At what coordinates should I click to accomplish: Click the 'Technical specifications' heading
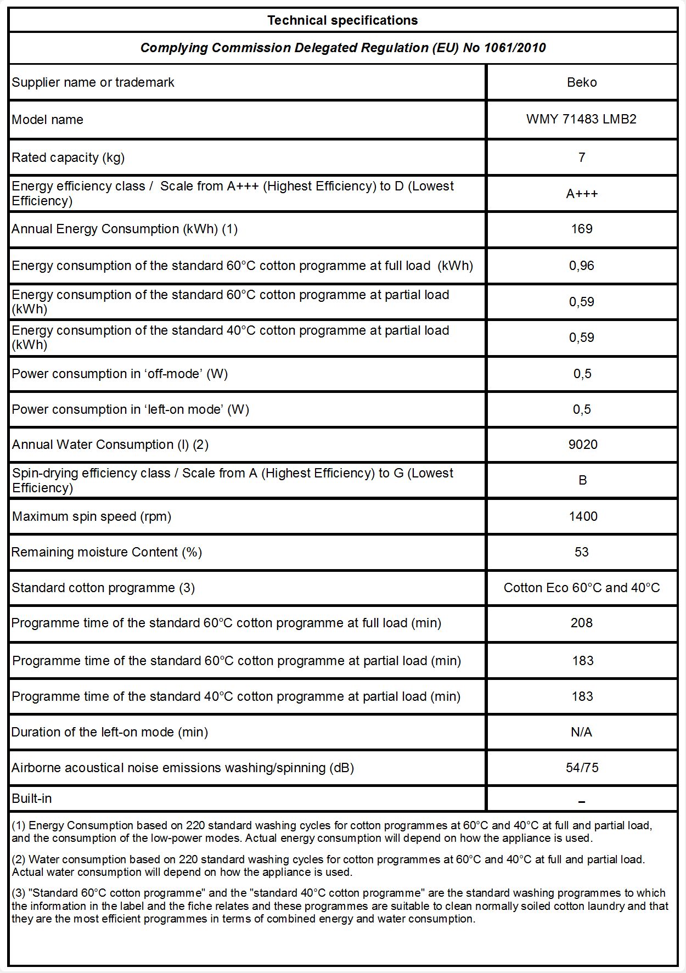[x=342, y=20]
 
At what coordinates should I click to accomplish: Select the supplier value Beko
[x=582, y=82]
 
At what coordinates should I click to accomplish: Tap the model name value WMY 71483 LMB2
[x=581, y=120]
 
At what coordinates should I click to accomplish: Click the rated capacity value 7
[x=582, y=158]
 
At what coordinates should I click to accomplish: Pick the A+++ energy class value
[x=582, y=194]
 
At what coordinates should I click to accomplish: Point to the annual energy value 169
[x=582, y=229]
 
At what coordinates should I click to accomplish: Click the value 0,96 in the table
[x=582, y=266]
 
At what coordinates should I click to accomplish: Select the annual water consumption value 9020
[x=583, y=445]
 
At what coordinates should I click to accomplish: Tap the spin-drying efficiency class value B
[x=583, y=480]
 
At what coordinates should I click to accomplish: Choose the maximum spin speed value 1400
[x=583, y=516]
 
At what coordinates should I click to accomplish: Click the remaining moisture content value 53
[x=582, y=552]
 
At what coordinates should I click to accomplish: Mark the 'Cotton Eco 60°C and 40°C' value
[x=582, y=588]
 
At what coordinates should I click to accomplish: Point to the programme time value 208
[x=582, y=623]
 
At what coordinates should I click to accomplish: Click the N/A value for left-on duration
[x=582, y=732]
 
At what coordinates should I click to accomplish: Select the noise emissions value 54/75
[x=582, y=768]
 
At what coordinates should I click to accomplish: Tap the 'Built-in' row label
[x=32, y=798]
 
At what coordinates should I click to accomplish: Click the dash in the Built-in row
[x=582, y=802]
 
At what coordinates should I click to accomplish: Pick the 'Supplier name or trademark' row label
[x=93, y=82]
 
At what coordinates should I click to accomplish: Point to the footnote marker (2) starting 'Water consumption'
[x=19, y=859]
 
